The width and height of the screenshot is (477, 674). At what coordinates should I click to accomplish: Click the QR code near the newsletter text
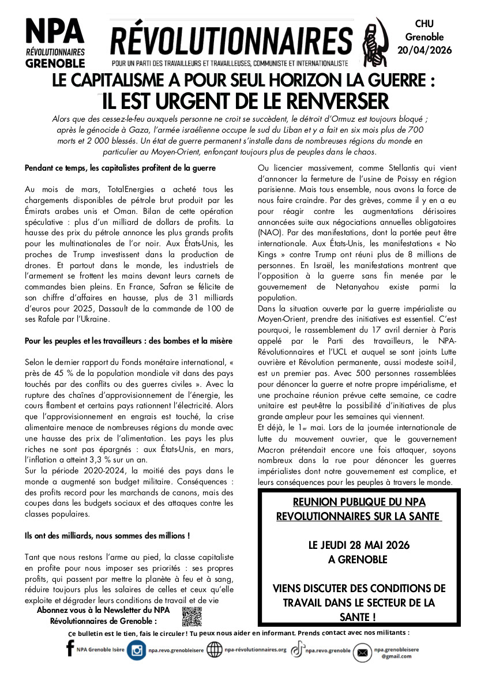click(191, 616)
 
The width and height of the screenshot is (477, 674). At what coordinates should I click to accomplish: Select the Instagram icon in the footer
click(137, 651)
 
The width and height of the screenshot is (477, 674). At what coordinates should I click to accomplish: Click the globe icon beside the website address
click(215, 650)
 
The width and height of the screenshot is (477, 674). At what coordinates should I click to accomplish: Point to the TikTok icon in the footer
click(297, 650)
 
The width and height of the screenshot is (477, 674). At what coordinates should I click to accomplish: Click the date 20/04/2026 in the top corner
click(425, 50)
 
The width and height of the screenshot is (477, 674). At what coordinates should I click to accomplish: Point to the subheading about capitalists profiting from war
click(120, 168)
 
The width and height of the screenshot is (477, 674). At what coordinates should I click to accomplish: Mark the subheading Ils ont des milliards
click(107, 536)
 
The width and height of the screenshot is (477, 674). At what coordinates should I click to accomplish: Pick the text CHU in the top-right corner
click(425, 22)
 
